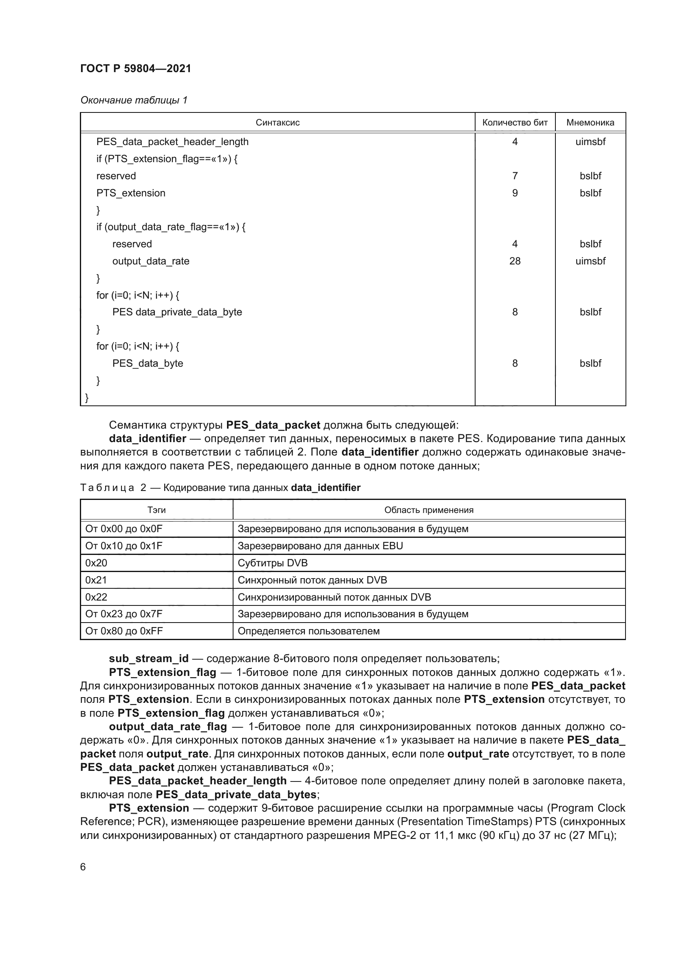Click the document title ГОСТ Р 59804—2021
136,68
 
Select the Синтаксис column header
277,123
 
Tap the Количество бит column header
515,123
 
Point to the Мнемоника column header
590,123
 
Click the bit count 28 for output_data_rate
515,261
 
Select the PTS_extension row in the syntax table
131,193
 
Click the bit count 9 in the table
515,193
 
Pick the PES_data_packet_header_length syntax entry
172,142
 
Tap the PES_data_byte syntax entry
148,363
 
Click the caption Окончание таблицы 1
134,100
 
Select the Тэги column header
156,510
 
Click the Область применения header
429,510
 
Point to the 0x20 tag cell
96,563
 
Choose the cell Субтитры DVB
272,563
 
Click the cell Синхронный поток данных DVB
312,580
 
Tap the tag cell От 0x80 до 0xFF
124,631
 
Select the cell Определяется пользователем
308,631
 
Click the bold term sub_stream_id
149,659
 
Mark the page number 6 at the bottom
83,867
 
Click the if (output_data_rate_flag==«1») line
171,227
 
